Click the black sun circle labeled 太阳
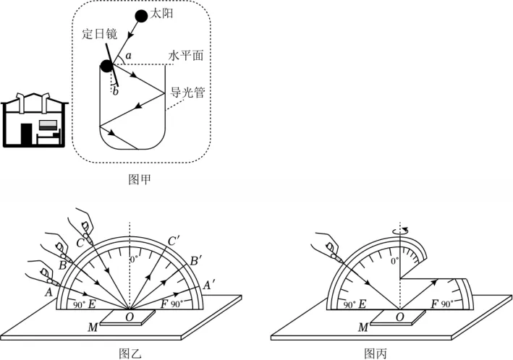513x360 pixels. point(141,16)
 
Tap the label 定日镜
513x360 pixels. point(99,34)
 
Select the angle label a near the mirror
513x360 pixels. point(128,56)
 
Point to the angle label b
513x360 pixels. point(115,92)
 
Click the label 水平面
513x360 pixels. point(185,55)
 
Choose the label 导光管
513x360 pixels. point(187,93)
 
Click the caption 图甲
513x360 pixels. point(140,179)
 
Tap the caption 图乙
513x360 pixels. point(130,353)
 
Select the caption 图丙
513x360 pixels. point(376,353)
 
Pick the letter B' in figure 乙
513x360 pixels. point(195,261)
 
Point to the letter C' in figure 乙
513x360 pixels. point(174,241)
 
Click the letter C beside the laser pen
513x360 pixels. point(80,244)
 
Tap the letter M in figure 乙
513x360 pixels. point(93,327)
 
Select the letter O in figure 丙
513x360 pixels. point(400,317)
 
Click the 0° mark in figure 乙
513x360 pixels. point(134,260)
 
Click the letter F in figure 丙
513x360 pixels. point(434,304)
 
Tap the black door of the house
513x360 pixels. point(27,134)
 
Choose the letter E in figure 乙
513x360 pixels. point(92,304)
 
